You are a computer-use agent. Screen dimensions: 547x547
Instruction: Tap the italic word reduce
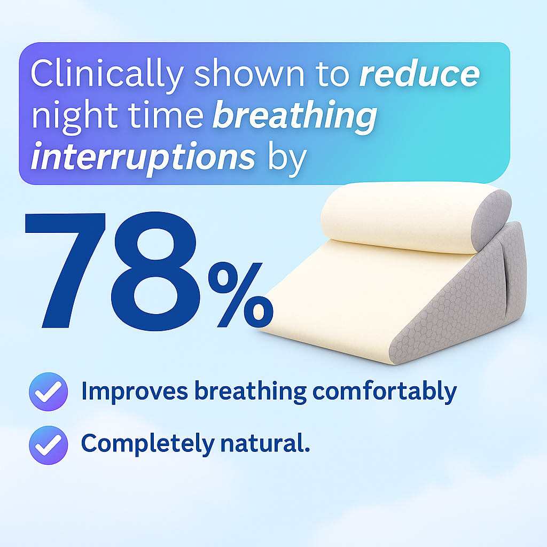[x=419, y=75]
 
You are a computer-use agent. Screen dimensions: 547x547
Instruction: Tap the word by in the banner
[x=287, y=158]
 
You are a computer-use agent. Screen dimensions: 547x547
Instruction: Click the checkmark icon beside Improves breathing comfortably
[x=48, y=392]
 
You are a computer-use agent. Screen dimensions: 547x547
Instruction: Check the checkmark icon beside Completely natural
[x=48, y=444]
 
